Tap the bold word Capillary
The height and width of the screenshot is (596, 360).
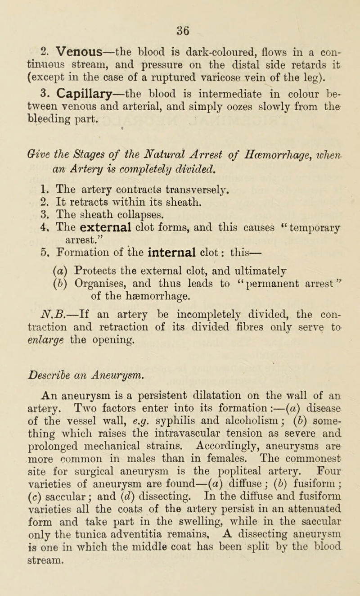coord(75,95)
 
